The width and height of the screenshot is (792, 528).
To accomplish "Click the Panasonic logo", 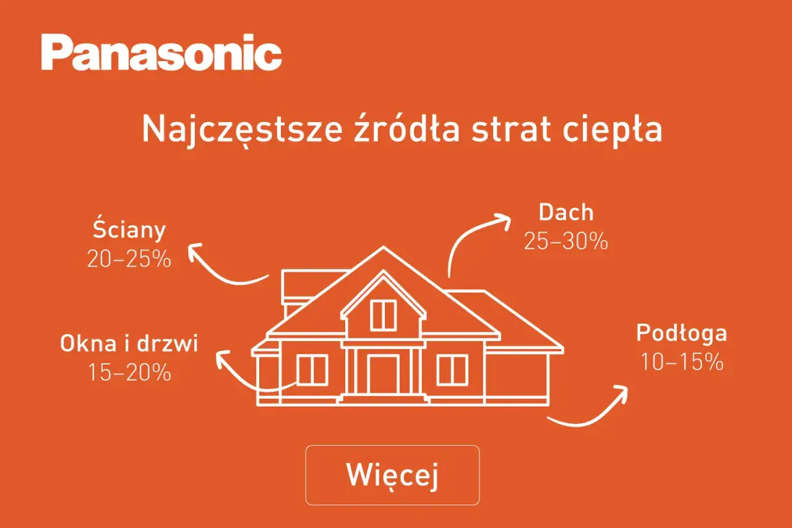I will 161,53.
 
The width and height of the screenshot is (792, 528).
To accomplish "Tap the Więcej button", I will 392,475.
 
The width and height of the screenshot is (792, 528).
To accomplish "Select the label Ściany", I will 129,230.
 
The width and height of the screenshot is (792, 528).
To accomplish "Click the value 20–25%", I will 129,259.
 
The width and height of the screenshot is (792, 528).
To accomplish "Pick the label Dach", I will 566,212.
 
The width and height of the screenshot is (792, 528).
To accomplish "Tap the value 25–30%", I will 566,241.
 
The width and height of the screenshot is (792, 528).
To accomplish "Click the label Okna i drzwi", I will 129,344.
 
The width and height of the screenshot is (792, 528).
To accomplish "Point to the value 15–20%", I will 129,372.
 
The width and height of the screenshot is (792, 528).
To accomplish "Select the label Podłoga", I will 681,333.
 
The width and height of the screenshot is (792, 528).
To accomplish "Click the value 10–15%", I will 681,361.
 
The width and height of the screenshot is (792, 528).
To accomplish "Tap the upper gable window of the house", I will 383,314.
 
